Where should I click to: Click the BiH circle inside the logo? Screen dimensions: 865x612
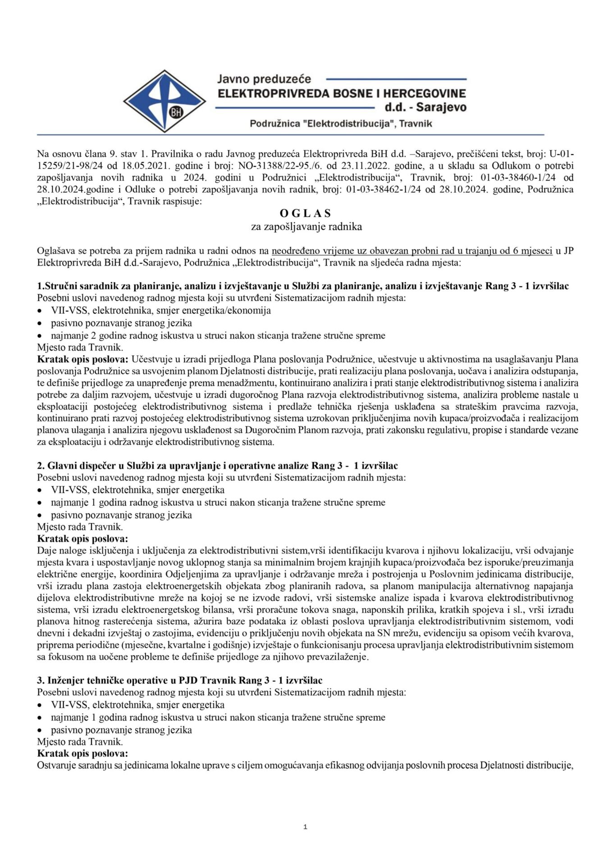click(x=176, y=112)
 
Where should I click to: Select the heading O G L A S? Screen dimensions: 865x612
click(x=305, y=214)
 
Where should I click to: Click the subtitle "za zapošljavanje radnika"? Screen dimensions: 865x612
click(x=306, y=227)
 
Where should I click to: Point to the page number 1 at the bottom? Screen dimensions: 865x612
click(x=306, y=827)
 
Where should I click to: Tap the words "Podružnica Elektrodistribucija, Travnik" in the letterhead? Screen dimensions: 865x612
click(x=341, y=123)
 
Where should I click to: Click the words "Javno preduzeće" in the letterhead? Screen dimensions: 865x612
click(x=264, y=79)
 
